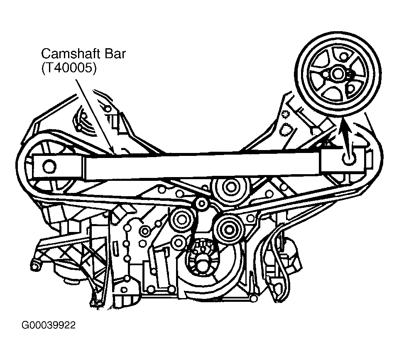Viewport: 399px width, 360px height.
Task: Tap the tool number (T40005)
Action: pyautogui.click(x=69, y=69)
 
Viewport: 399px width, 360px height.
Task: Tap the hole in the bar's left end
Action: pyautogui.click(x=49, y=166)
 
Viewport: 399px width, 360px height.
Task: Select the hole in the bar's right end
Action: pyautogui.click(x=348, y=158)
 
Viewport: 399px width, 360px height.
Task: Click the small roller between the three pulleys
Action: pyautogui.click(x=202, y=204)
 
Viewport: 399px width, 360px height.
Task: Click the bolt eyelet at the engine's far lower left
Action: pyautogui.click(x=36, y=264)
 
